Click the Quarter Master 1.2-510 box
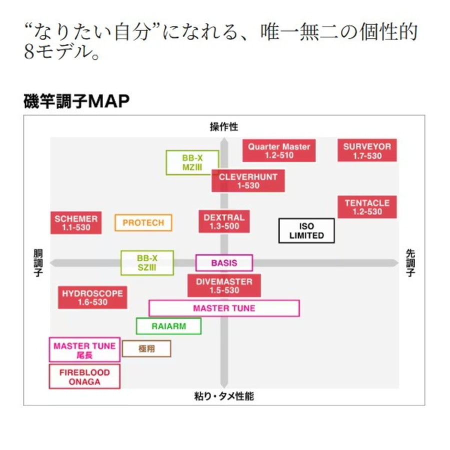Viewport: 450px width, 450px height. [279, 151]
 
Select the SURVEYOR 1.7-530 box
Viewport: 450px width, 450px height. [367, 151]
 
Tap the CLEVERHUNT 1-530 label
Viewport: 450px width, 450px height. [248, 181]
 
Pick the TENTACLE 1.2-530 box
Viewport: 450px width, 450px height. [367, 207]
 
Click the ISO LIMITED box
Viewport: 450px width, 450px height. [306, 231]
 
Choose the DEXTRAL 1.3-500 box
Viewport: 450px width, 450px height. [224, 221]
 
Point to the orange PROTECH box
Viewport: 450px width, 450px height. [143, 223]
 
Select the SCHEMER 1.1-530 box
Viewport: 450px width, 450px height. [76, 223]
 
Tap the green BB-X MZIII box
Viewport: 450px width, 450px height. [192, 162]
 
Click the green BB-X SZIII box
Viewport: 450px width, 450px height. [147, 263]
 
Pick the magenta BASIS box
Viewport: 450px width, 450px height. [224, 263]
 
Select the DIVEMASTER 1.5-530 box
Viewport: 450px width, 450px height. [224, 285]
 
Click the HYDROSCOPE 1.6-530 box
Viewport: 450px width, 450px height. [92, 297]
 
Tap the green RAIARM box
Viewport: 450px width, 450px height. [168, 326]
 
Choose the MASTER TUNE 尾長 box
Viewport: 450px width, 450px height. [84, 350]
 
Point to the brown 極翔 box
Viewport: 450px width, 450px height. [146, 348]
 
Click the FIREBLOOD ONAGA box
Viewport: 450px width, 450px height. [84, 377]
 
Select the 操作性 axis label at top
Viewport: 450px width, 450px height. [223, 127]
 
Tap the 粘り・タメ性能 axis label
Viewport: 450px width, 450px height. [223, 396]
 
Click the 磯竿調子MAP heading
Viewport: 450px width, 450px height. [76, 100]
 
